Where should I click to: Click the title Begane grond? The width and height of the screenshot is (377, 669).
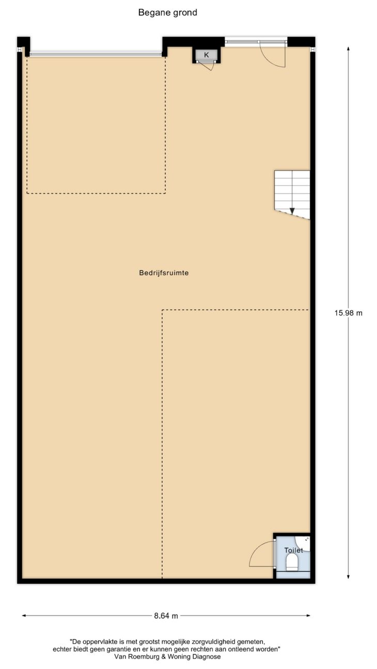tap(167, 13)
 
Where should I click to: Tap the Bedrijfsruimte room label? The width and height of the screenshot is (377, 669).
tap(164, 273)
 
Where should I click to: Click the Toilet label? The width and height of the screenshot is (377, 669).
tap(293, 550)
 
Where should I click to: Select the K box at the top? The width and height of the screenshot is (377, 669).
tap(206, 55)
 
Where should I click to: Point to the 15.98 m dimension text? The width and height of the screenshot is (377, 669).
tap(348, 313)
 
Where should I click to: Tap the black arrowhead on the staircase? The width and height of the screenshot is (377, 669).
tap(292, 211)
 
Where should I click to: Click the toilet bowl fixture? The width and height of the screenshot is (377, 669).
tap(292, 562)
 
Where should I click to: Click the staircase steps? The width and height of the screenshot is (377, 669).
tap(292, 194)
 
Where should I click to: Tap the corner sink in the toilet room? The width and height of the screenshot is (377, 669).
tap(303, 543)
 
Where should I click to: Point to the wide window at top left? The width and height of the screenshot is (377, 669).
tap(96, 54)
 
